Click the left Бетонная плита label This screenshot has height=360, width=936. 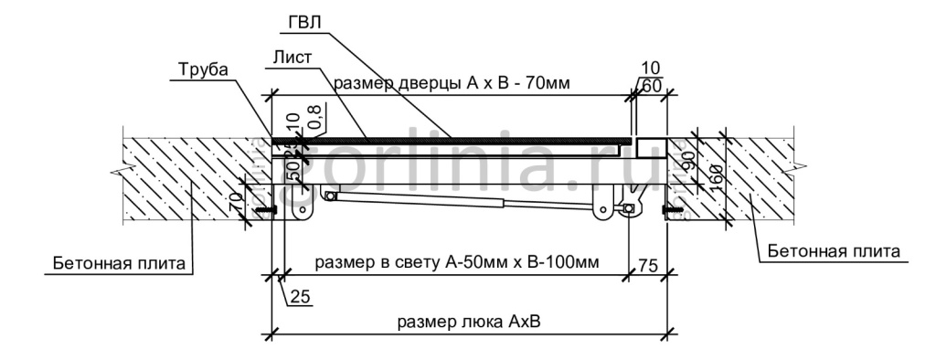point(119,263)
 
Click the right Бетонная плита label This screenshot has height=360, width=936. point(834,249)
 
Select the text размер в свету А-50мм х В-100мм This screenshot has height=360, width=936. point(457,263)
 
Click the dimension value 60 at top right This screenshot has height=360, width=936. point(653,86)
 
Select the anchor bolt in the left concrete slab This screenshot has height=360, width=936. point(265,213)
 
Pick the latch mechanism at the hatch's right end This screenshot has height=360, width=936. point(622,199)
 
